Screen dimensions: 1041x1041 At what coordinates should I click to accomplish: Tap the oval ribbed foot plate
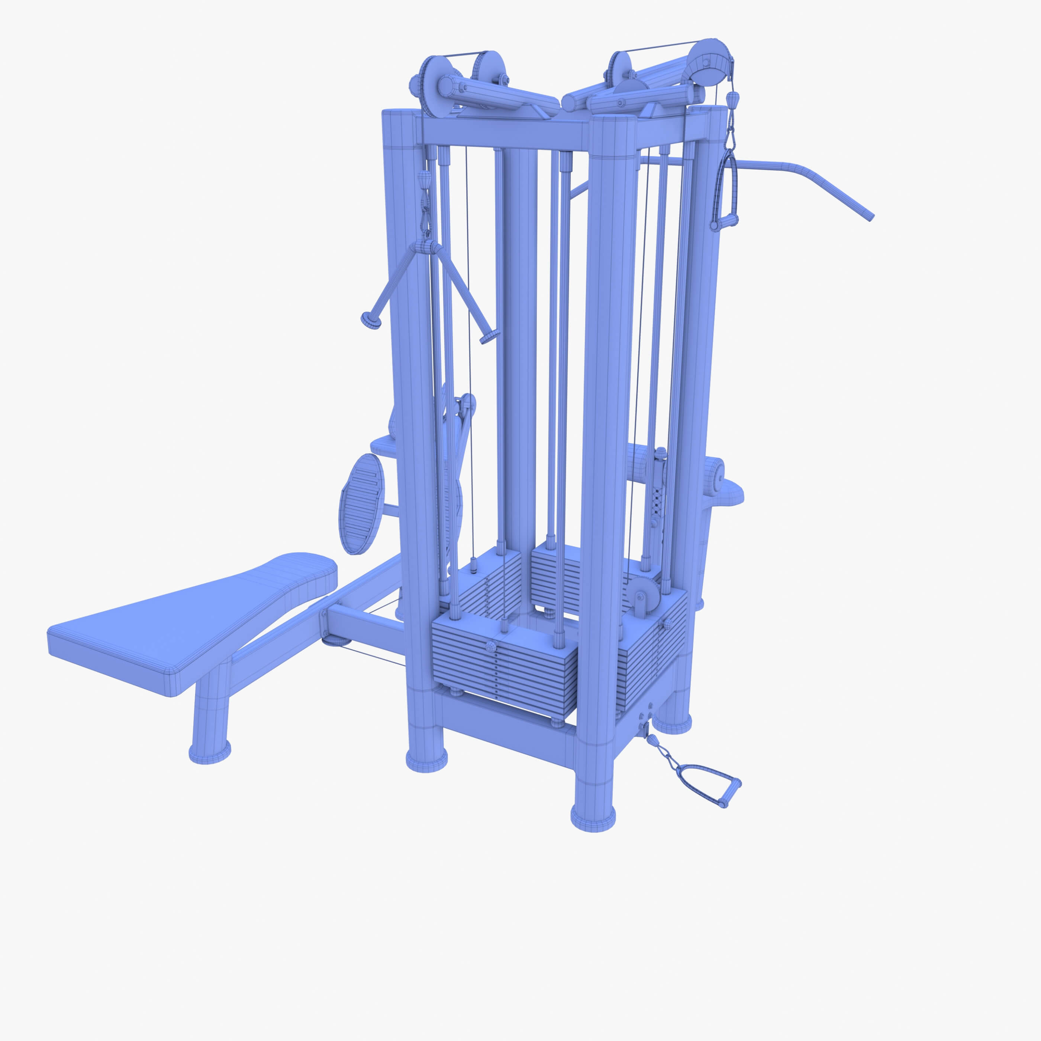[361, 504]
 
